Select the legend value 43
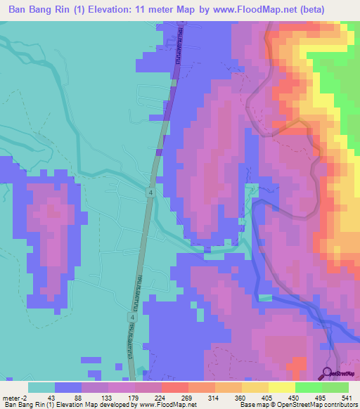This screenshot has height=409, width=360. click(x=50, y=398)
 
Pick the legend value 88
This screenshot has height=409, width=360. click(x=77, y=398)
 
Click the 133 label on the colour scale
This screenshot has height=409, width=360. click(x=104, y=398)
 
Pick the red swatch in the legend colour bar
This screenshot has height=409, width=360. click(x=174, y=387)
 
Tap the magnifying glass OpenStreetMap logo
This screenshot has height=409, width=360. click(x=328, y=373)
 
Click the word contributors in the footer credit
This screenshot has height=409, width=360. click(x=340, y=405)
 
